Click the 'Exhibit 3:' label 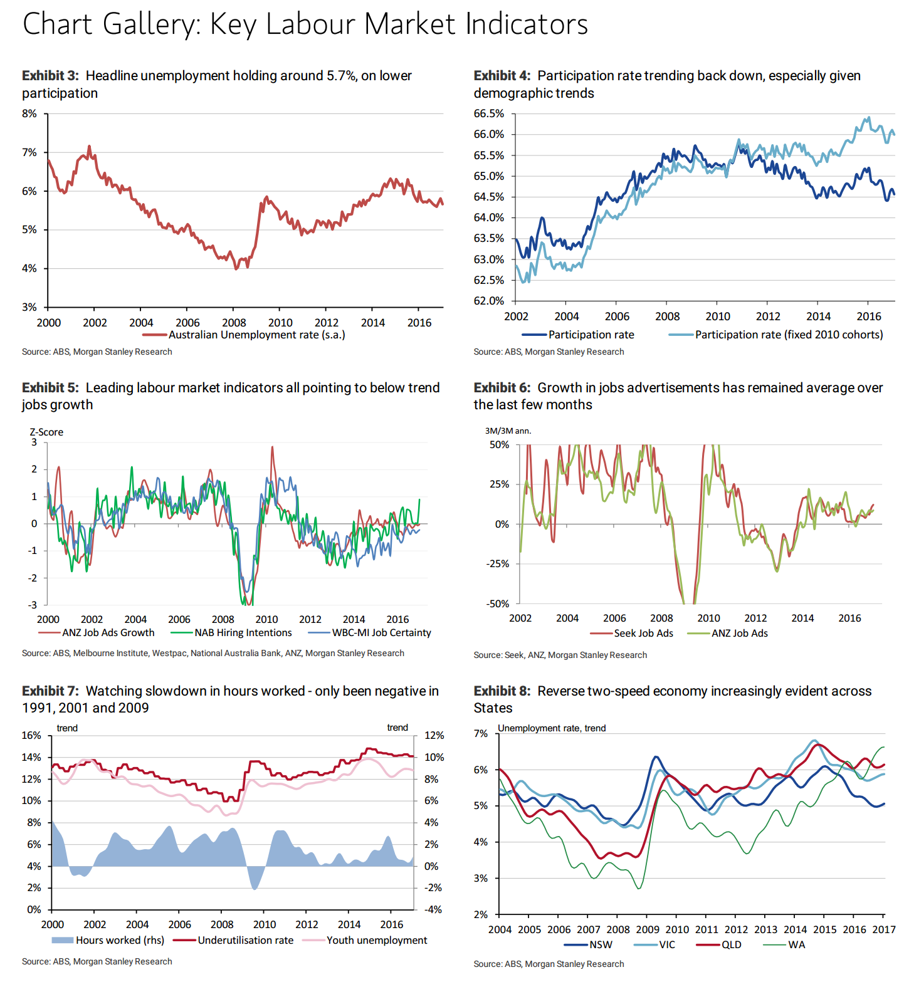50,76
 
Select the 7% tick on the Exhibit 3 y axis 29,152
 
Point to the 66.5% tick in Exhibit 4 489,113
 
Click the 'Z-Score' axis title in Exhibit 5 46,432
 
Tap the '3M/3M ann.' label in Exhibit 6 508,431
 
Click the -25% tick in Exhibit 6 498,564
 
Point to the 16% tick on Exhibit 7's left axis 31,735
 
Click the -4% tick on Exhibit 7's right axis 433,909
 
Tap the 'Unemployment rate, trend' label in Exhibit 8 552,728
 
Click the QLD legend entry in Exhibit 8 731,945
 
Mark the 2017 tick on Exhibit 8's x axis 884,929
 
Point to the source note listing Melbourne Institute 213,653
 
